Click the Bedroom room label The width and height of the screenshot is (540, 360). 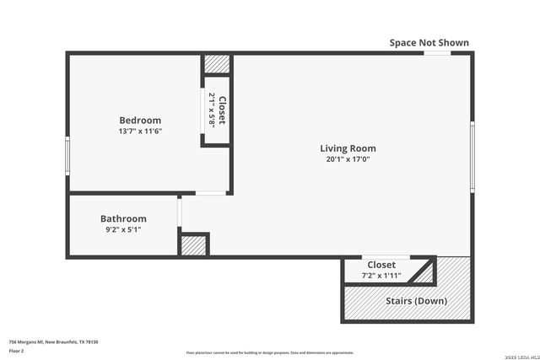(x=140, y=121)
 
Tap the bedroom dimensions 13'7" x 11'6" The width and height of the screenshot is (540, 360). (x=140, y=132)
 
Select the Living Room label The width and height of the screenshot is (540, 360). (x=348, y=148)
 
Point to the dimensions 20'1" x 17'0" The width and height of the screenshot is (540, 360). (x=348, y=159)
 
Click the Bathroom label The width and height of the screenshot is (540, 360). (x=123, y=218)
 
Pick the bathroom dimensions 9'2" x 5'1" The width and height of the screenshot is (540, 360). (x=123, y=229)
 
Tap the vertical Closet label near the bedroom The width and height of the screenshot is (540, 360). (x=222, y=110)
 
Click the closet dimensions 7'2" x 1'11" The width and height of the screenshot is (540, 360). (x=381, y=276)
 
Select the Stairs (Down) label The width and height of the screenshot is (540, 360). (x=416, y=301)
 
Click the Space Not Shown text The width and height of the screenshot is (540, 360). (x=429, y=43)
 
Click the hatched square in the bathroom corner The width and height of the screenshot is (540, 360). (x=194, y=245)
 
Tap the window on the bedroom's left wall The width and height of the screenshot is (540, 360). (x=67, y=155)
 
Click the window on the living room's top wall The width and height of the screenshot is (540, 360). (x=436, y=53)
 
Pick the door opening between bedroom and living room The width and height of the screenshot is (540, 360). (x=210, y=194)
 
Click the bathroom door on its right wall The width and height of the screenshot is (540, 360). (x=179, y=212)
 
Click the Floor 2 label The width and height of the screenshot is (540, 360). (x=16, y=350)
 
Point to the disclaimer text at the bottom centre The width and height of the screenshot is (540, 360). (x=270, y=352)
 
